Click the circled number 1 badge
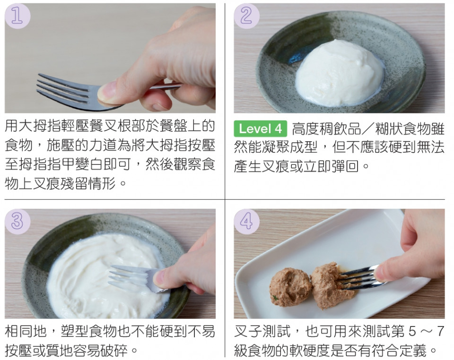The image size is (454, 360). tap(17, 16)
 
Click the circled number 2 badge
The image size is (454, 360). tap(247, 16)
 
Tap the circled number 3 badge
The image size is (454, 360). tap(17, 222)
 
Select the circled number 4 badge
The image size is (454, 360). tap(247, 222)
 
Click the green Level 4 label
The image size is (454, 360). tap(260, 129)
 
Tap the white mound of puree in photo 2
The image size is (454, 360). tap(340, 73)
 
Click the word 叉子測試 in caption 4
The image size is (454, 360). tap(262, 331)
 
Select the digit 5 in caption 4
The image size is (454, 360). tap(412, 332)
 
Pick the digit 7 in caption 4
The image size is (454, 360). tap(440, 332)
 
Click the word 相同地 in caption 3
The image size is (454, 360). tap(26, 331)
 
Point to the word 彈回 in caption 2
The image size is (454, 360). tap(345, 167)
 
